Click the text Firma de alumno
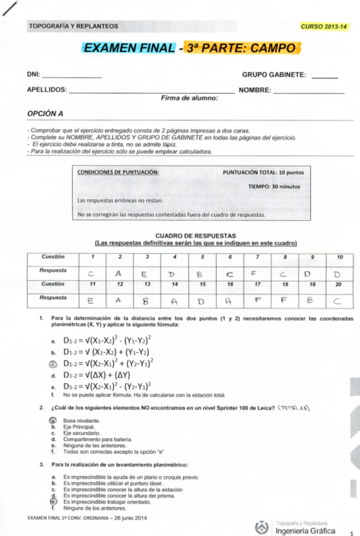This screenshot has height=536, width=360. (x=189, y=98)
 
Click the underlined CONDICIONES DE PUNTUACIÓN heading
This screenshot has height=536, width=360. (x=117, y=172)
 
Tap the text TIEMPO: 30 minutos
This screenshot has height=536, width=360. (x=274, y=186)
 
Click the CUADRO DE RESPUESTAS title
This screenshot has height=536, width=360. (x=195, y=235)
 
